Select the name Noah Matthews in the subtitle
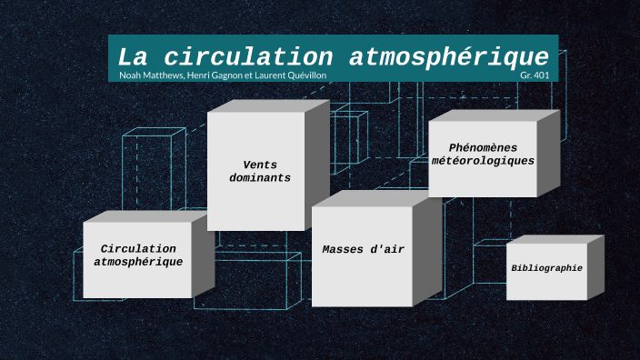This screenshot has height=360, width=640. [150, 75]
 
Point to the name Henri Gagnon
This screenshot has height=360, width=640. [218, 75]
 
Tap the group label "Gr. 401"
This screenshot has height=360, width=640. [535, 75]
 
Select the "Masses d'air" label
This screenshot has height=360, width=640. [363, 249]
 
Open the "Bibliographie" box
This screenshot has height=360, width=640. [546, 269]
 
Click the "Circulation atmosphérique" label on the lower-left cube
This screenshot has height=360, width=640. [138, 255]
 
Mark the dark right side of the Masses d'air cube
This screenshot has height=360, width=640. [427, 249]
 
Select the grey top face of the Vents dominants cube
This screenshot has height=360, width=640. [268, 105]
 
